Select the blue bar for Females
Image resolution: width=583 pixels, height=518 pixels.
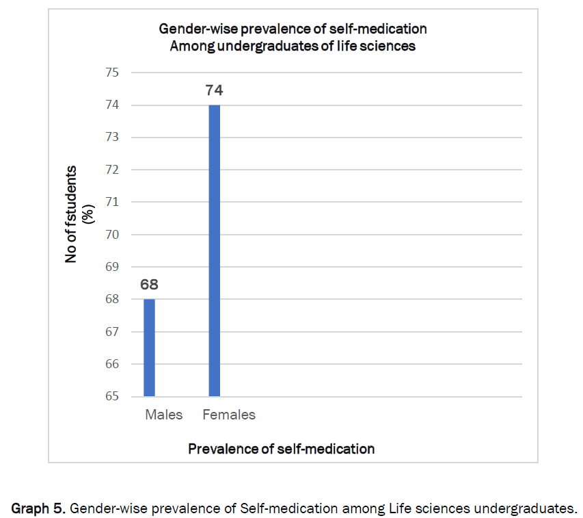(215, 250)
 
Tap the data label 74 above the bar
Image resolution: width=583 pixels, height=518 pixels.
(215, 90)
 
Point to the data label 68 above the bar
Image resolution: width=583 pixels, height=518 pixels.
(150, 284)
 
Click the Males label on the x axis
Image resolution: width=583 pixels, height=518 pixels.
(164, 415)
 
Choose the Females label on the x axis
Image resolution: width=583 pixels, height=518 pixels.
(229, 415)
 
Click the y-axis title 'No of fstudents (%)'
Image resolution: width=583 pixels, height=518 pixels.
(79, 213)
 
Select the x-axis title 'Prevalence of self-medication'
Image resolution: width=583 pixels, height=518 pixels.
(281, 449)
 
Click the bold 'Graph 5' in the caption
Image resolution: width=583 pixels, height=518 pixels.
(38, 508)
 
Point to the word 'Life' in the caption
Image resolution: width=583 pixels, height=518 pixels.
(399, 508)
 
